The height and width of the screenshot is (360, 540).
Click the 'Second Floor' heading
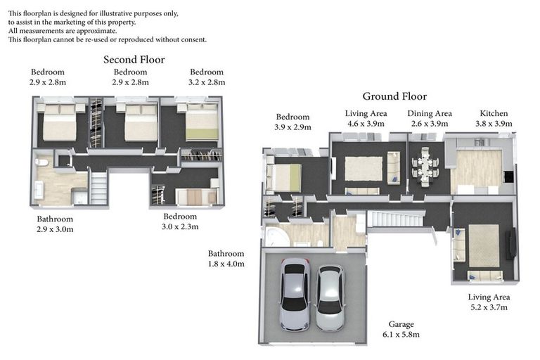pos(134,60)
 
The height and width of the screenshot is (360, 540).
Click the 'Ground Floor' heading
pos(394,96)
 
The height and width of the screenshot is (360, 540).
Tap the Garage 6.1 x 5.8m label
pos(401,329)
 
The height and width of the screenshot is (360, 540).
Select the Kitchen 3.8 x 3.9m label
pos(494,119)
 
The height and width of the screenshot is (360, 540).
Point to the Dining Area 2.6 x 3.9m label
pos(430,119)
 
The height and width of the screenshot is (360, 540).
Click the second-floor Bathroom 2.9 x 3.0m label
pos(55,224)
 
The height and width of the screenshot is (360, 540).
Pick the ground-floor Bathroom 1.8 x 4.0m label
pos(226,259)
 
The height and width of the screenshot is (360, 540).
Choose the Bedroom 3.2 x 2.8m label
pos(207,77)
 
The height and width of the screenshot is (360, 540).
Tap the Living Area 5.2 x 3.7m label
pos(489,302)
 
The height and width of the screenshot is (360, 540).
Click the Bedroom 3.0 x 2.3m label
pos(180,221)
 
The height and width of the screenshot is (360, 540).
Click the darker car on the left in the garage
pos(295,295)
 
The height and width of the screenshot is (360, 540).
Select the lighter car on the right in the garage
pos(330,298)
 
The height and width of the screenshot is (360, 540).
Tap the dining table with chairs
pos(425,167)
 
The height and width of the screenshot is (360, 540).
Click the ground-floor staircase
pos(395,219)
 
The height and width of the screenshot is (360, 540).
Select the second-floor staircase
pos(99,188)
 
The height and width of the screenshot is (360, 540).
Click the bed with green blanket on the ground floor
pos(284,177)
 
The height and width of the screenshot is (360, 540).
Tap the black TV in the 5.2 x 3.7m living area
pos(510,243)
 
